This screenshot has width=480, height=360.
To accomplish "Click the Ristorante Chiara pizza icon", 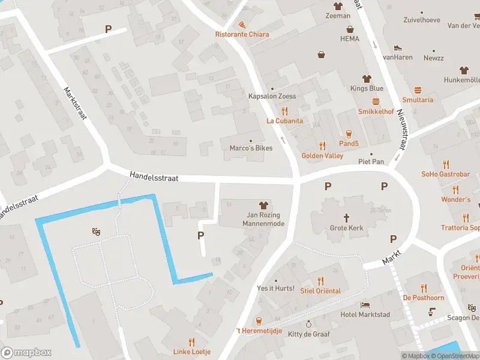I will [x=242, y=25].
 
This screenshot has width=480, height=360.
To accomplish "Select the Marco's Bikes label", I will [x=251, y=148].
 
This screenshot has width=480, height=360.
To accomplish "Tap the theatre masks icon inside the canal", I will [x=95, y=231].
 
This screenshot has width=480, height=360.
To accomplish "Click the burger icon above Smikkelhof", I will [x=376, y=101].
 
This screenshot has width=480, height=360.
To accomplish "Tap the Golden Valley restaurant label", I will [x=322, y=156].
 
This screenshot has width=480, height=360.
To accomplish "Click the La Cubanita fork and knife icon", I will [x=284, y=110].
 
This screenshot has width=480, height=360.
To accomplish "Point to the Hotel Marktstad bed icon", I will [x=365, y=305].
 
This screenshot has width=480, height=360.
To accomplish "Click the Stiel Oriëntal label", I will [x=320, y=291].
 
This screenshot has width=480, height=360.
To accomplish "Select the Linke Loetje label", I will [x=192, y=352].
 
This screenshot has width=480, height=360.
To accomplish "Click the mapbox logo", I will [x=26, y=353].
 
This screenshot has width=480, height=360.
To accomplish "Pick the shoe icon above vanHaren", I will [x=397, y=47].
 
